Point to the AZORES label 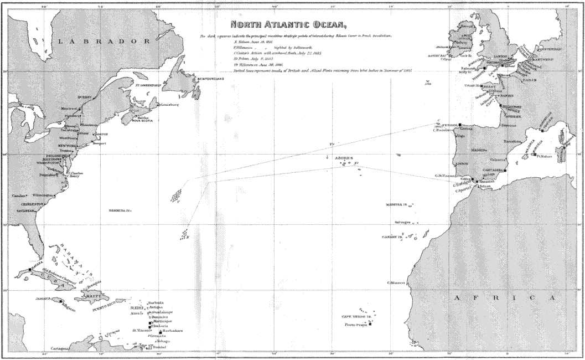point(343,158)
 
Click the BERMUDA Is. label point(120,211)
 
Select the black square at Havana point(30,270)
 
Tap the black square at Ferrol point(459,125)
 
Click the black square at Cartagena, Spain point(505,171)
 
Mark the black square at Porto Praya point(371,324)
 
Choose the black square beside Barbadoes point(161,332)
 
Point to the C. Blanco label point(397,283)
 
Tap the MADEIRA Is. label point(397,205)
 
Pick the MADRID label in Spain point(479,150)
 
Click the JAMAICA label point(44,299)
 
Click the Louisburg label point(169,105)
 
